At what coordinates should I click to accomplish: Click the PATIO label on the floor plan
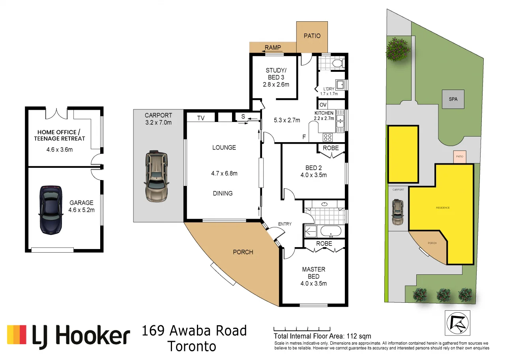(x=312, y=36)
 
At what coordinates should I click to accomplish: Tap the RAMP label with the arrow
(x=273, y=48)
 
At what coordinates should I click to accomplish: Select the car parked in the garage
(x=51, y=210)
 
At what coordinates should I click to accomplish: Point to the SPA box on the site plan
(x=453, y=99)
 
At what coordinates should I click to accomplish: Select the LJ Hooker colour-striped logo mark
(x=17, y=334)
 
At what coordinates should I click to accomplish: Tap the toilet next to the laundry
(x=337, y=63)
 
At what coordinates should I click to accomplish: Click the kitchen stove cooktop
(x=327, y=137)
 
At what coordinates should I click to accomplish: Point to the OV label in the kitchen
(x=323, y=105)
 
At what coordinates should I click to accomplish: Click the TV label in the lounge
(x=201, y=118)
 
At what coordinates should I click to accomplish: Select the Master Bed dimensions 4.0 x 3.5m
(x=314, y=283)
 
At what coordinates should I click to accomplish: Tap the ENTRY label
(x=284, y=224)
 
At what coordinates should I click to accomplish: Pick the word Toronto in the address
(x=192, y=347)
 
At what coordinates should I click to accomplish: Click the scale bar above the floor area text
(x=302, y=328)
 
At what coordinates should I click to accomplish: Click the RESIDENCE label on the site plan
(x=442, y=208)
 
